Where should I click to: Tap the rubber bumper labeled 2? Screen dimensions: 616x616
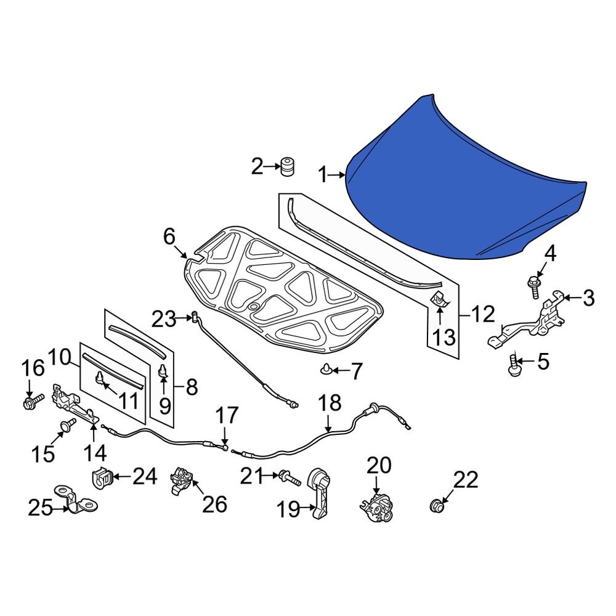coord(286,166)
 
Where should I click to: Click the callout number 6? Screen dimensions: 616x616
coord(169,237)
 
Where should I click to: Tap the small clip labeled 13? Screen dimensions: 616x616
coord(439,299)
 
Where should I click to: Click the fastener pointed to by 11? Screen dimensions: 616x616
coord(100,377)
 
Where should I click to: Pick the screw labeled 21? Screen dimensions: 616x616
coord(286,476)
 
